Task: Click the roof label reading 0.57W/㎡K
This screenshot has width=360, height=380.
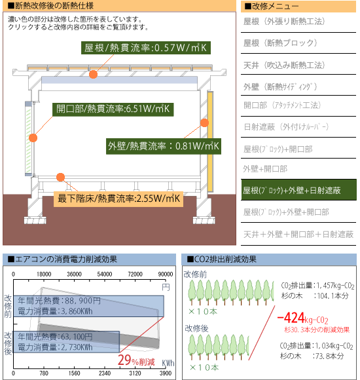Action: pos(146,48)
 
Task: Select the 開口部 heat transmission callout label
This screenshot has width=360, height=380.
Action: pos(113,109)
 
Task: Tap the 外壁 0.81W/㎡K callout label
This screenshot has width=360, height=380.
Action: pos(164,146)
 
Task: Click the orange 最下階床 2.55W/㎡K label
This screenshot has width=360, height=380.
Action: pos(118,199)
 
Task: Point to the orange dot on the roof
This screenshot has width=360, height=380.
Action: pos(93,74)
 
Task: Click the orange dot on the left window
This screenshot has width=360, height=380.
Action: pos(33,138)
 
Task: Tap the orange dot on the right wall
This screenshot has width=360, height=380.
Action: pos(205,123)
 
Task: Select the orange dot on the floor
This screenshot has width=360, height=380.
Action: pos(60,177)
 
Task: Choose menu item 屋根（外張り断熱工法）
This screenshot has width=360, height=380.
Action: pos(283,22)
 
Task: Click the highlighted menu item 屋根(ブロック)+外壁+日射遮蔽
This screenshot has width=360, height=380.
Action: pos(298,190)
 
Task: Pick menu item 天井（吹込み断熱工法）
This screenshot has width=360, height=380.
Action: pos(283,65)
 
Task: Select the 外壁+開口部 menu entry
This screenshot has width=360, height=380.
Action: pos(265,168)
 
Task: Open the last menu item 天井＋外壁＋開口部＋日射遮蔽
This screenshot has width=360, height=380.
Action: pos(298,234)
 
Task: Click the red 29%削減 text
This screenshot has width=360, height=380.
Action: pos(136,360)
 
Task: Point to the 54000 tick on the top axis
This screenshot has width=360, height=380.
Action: pos(105,274)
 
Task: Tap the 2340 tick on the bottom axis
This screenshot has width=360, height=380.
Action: pos(105,373)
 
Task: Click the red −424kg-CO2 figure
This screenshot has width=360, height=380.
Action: pos(302,318)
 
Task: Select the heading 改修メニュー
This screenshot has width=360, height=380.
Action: pos(272,6)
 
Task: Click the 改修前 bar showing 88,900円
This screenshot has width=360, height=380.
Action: pos(88,306)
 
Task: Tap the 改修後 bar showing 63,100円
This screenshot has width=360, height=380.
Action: pos(66,342)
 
